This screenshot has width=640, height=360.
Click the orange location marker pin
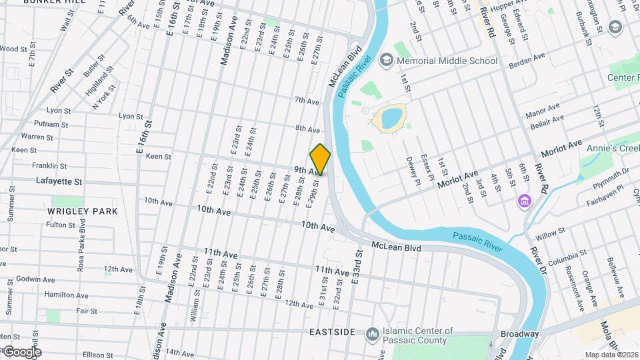(x=320, y=159)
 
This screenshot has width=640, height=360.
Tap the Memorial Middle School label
(x=447, y=61)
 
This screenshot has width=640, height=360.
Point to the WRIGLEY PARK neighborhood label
(x=83, y=211)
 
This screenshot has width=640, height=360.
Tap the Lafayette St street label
(x=59, y=181)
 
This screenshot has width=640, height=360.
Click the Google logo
(x=21, y=352)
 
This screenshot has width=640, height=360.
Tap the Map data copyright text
(x=611, y=355)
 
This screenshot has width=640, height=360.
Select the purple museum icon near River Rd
(x=525, y=200)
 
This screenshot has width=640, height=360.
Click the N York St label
(x=105, y=97)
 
